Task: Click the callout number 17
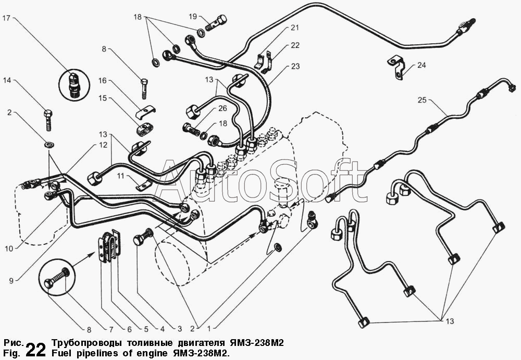click(6, 18)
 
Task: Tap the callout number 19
click(193, 16)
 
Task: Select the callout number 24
click(421, 65)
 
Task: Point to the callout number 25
click(422, 100)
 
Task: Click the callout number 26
click(222, 108)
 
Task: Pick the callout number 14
click(7, 80)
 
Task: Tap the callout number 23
click(295, 66)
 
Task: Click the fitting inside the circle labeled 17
click(74, 85)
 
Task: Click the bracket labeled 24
click(396, 67)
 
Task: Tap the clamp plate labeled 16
click(146, 113)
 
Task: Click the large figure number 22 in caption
click(35, 349)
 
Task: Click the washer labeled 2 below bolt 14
click(49, 145)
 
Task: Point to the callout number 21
click(295, 28)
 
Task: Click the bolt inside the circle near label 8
click(57, 279)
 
